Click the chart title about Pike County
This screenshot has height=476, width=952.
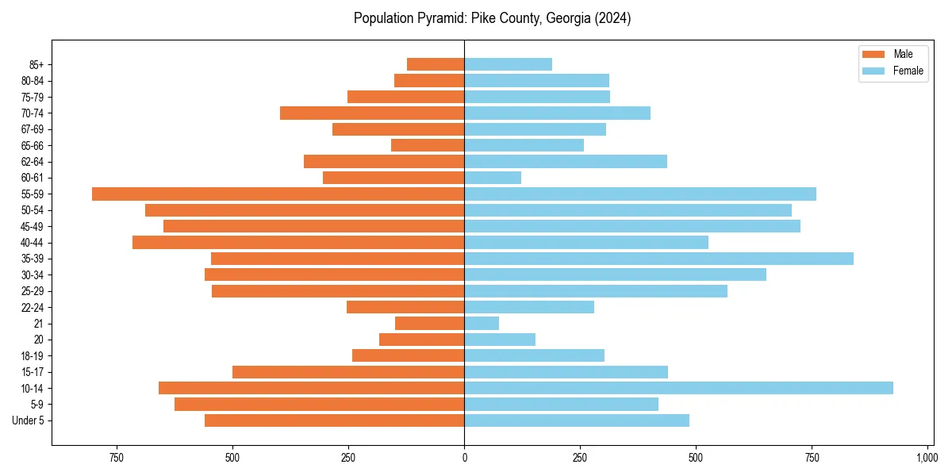point(492,18)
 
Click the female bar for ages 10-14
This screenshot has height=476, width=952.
point(678,388)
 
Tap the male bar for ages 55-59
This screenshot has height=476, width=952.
point(278,194)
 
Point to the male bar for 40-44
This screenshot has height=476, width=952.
point(298,242)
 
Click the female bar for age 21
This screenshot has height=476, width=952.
point(482,323)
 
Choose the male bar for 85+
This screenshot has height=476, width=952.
point(436,64)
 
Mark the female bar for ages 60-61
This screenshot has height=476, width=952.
point(493,178)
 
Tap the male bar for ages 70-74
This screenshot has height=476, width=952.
point(372,113)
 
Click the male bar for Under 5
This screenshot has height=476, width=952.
point(334,420)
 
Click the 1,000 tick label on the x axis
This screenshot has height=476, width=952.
point(927,458)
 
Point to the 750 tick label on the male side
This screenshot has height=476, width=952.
point(117,458)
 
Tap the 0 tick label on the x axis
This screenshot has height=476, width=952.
point(464,458)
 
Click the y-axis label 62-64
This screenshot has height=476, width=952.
point(32,162)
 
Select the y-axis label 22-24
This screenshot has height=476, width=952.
point(32,307)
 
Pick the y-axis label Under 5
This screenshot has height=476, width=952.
point(29,420)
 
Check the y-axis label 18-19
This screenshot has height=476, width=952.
point(32,355)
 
